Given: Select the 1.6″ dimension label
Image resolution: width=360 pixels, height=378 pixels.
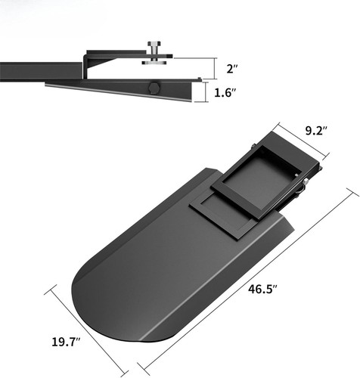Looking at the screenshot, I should coord(222,94).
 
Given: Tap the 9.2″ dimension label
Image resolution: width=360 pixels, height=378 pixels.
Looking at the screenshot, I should coord(315,131).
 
